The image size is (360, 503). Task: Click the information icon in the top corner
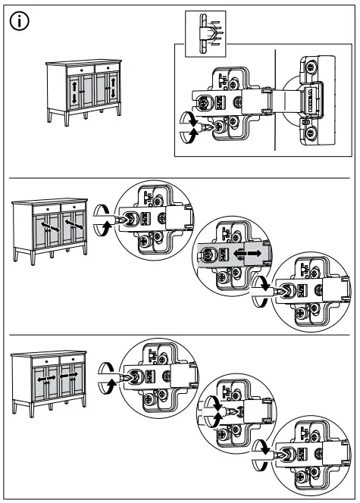(x=21, y=21)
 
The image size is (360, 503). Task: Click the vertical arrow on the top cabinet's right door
(x=113, y=92)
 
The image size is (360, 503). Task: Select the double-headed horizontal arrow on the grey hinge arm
(x=247, y=251)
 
